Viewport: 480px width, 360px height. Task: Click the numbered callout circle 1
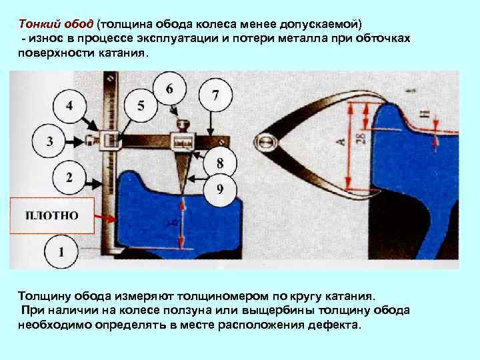coord(61,252)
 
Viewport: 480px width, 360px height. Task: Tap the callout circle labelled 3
coord(49,141)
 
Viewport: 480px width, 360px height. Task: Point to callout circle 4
coord(69,105)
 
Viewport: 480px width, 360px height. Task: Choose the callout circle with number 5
coord(140,105)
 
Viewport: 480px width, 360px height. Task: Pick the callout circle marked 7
coord(215,95)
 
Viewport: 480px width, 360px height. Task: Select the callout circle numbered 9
coord(220,189)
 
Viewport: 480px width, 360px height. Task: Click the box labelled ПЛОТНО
coord(51,215)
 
